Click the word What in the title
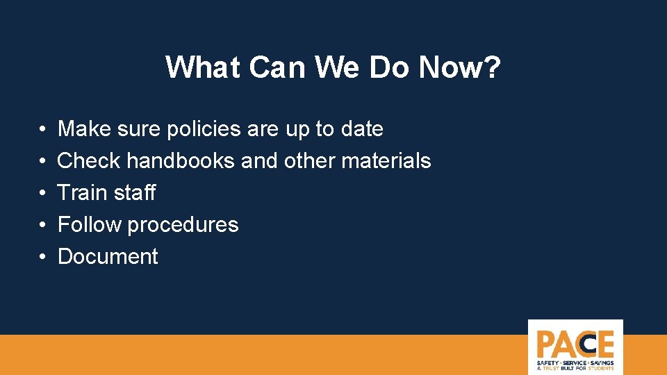pyautogui.click(x=201, y=67)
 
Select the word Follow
pyautogui.click(x=89, y=224)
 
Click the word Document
pyautogui.click(x=108, y=256)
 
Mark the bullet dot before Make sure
pyautogui.click(x=42, y=130)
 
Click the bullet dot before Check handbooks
pyautogui.click(x=42, y=162)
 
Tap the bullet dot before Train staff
pyautogui.click(x=42, y=193)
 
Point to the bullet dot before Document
pyautogui.click(x=42, y=257)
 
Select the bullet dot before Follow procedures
pyautogui.click(x=42, y=225)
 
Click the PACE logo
pyautogui.click(x=575, y=347)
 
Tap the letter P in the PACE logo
pyautogui.click(x=546, y=344)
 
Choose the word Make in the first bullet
pyautogui.click(x=82, y=129)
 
